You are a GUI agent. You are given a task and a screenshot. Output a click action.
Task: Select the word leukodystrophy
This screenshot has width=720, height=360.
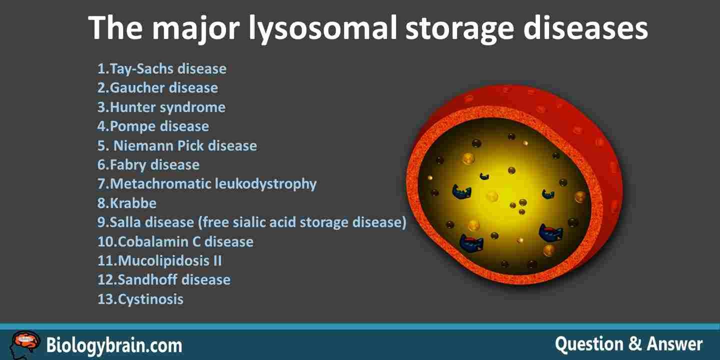(x=265, y=184)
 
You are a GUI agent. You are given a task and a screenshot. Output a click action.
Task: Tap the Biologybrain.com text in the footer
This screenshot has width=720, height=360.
(x=114, y=345)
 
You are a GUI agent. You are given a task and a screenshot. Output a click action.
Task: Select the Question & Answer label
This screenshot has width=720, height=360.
(x=628, y=344)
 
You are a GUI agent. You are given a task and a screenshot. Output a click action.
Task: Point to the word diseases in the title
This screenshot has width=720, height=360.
(x=585, y=28)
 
